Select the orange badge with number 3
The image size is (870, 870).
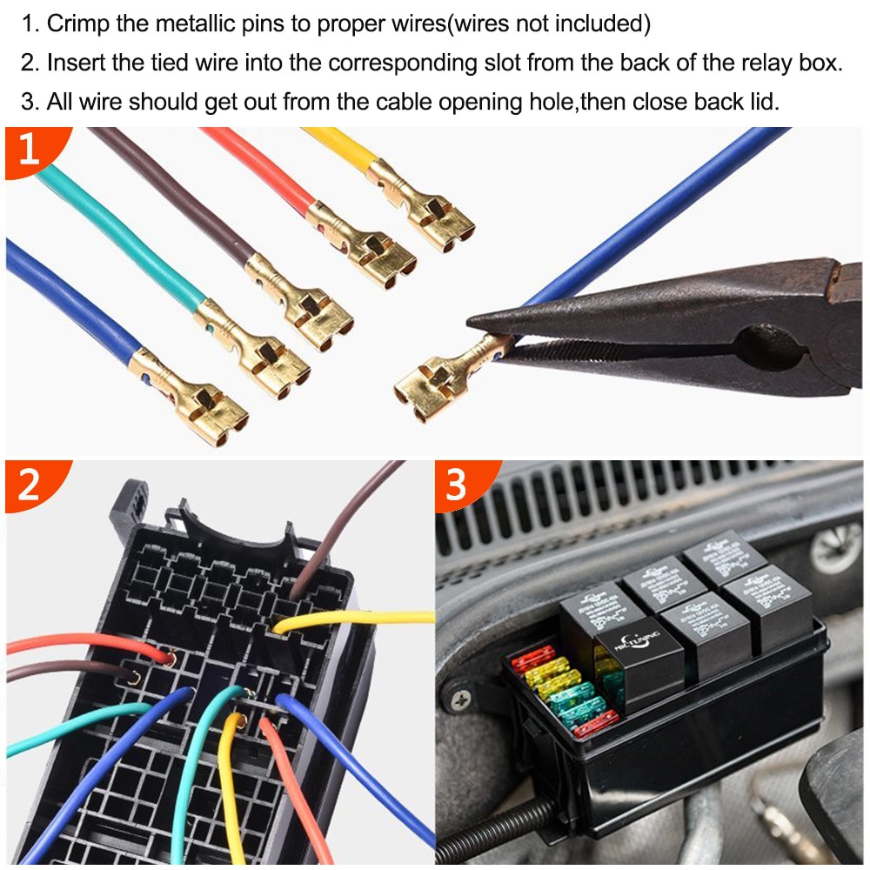pos(458,485)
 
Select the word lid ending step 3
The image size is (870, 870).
pos(763,101)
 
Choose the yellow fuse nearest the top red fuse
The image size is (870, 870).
pos(545,671)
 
